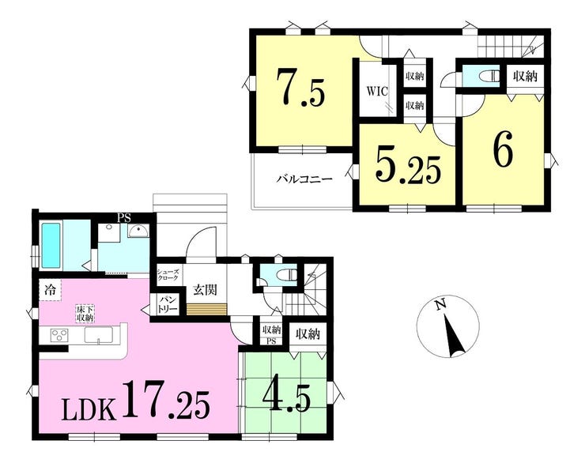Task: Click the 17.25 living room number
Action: coord(166,399)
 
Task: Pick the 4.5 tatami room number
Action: coord(287,397)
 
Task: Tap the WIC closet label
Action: coord(377,92)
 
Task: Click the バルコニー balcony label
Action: coord(304,179)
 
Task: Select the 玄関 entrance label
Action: coord(206,289)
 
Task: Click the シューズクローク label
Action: coord(168,275)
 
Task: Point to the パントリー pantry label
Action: coord(165,305)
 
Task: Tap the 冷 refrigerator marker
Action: coord(49,290)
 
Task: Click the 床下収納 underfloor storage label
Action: coord(85,314)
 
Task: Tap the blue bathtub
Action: coord(51,245)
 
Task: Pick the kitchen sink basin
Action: coord(99,335)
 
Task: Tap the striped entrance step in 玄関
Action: coord(207,310)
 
